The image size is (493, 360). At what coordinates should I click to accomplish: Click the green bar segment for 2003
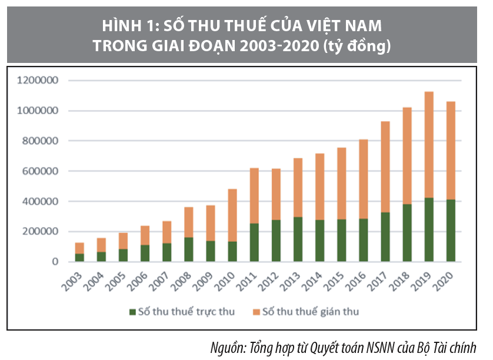point(79,257)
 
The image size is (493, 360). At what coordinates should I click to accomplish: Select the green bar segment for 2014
point(319,241)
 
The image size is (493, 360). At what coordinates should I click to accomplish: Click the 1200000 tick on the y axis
point(39,81)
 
